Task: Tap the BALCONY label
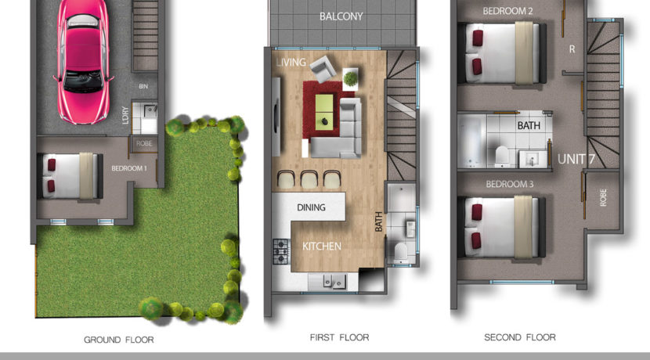coord(341,16)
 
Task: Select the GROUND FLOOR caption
coord(118,340)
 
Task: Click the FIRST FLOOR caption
coord(339,337)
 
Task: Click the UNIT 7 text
coord(576,160)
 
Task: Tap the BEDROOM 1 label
coord(129,168)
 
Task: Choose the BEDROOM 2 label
coord(507,11)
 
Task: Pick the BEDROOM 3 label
coord(509,184)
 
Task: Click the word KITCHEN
coord(322,247)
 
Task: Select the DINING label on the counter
coord(312,207)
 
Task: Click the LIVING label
coord(290,61)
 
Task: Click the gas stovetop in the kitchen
coord(282,251)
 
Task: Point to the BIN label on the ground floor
coord(143,86)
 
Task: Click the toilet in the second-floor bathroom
coord(498,154)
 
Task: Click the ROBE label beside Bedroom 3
coord(603,198)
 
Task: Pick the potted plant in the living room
coord(349,76)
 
